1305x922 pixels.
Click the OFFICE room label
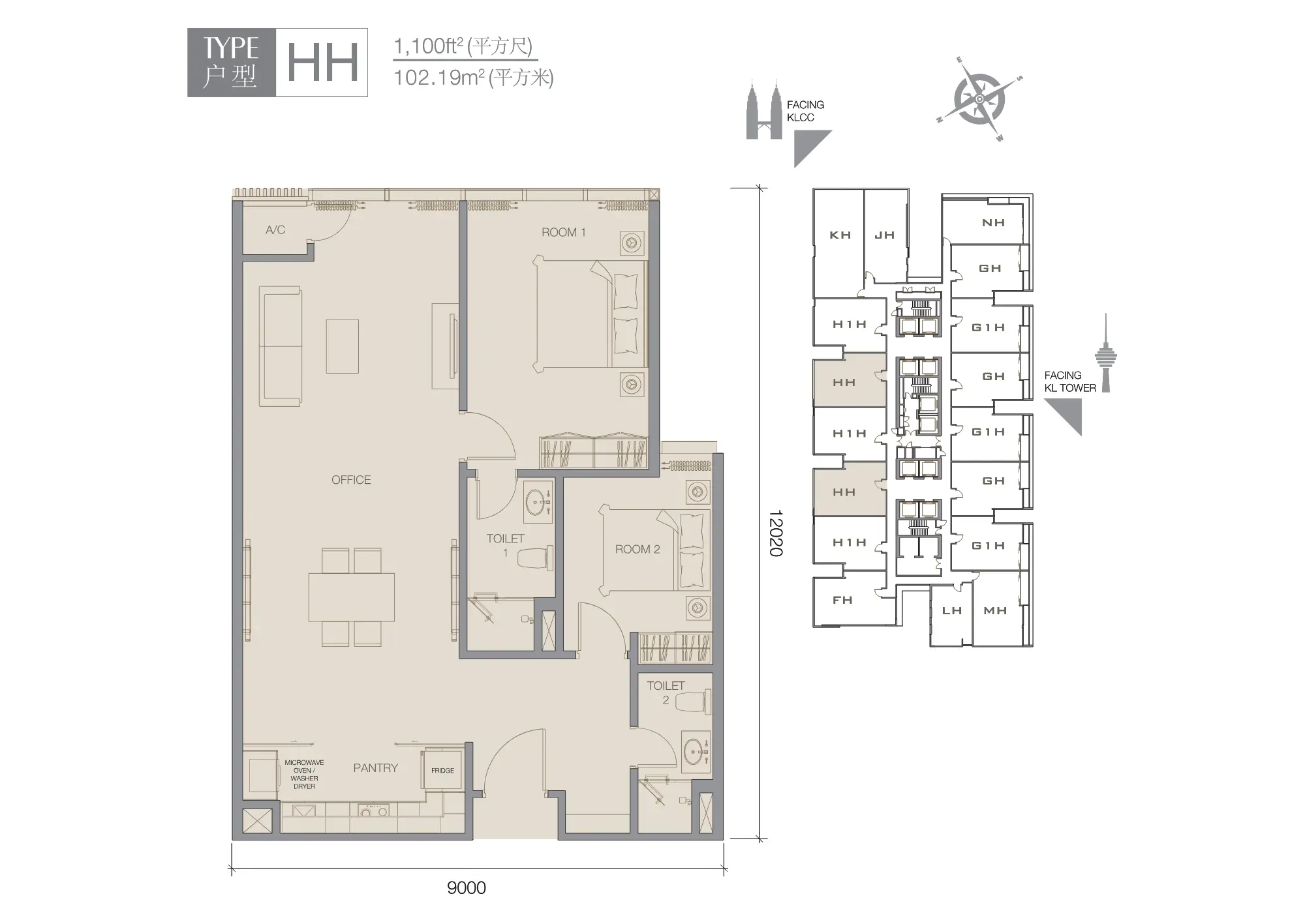(x=351, y=480)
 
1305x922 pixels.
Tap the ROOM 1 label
(x=564, y=232)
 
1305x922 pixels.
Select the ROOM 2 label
(x=637, y=549)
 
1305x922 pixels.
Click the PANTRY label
(x=375, y=768)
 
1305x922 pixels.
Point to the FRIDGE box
(x=442, y=770)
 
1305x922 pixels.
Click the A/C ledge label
(x=275, y=230)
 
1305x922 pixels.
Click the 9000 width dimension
(x=467, y=887)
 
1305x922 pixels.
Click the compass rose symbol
(x=979, y=98)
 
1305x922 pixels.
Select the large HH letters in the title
(x=323, y=63)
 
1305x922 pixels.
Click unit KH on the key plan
(x=840, y=235)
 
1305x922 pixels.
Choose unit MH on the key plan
(x=995, y=611)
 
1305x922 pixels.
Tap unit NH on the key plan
(x=993, y=223)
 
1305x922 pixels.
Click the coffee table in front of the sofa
(x=343, y=346)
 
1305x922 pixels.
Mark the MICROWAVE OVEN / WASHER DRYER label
(x=304, y=774)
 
